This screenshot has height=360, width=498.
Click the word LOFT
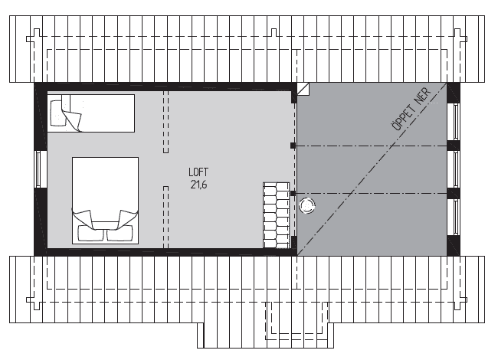coord(198,172)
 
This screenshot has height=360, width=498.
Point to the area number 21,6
coord(199,185)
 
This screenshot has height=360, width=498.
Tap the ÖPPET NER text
coord(411,109)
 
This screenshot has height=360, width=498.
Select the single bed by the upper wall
coord(91,113)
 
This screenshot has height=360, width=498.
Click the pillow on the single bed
coord(57,113)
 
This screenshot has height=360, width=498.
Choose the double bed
coord(106,201)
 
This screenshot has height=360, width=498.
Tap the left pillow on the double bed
coord(90,234)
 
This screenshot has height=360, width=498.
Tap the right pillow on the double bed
coord(120,234)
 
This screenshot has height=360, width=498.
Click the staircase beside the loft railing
coord(277,215)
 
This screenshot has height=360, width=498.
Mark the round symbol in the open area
coord(307,206)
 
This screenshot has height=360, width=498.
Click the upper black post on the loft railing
coord(293,146)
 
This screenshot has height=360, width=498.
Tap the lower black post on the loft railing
coord(293,193)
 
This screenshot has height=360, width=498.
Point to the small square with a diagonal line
coord(303,89)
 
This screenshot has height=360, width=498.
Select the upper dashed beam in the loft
coord(165,122)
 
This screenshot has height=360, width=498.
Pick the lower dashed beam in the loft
coord(165,217)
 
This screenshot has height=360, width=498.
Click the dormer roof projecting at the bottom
coord(266,335)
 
